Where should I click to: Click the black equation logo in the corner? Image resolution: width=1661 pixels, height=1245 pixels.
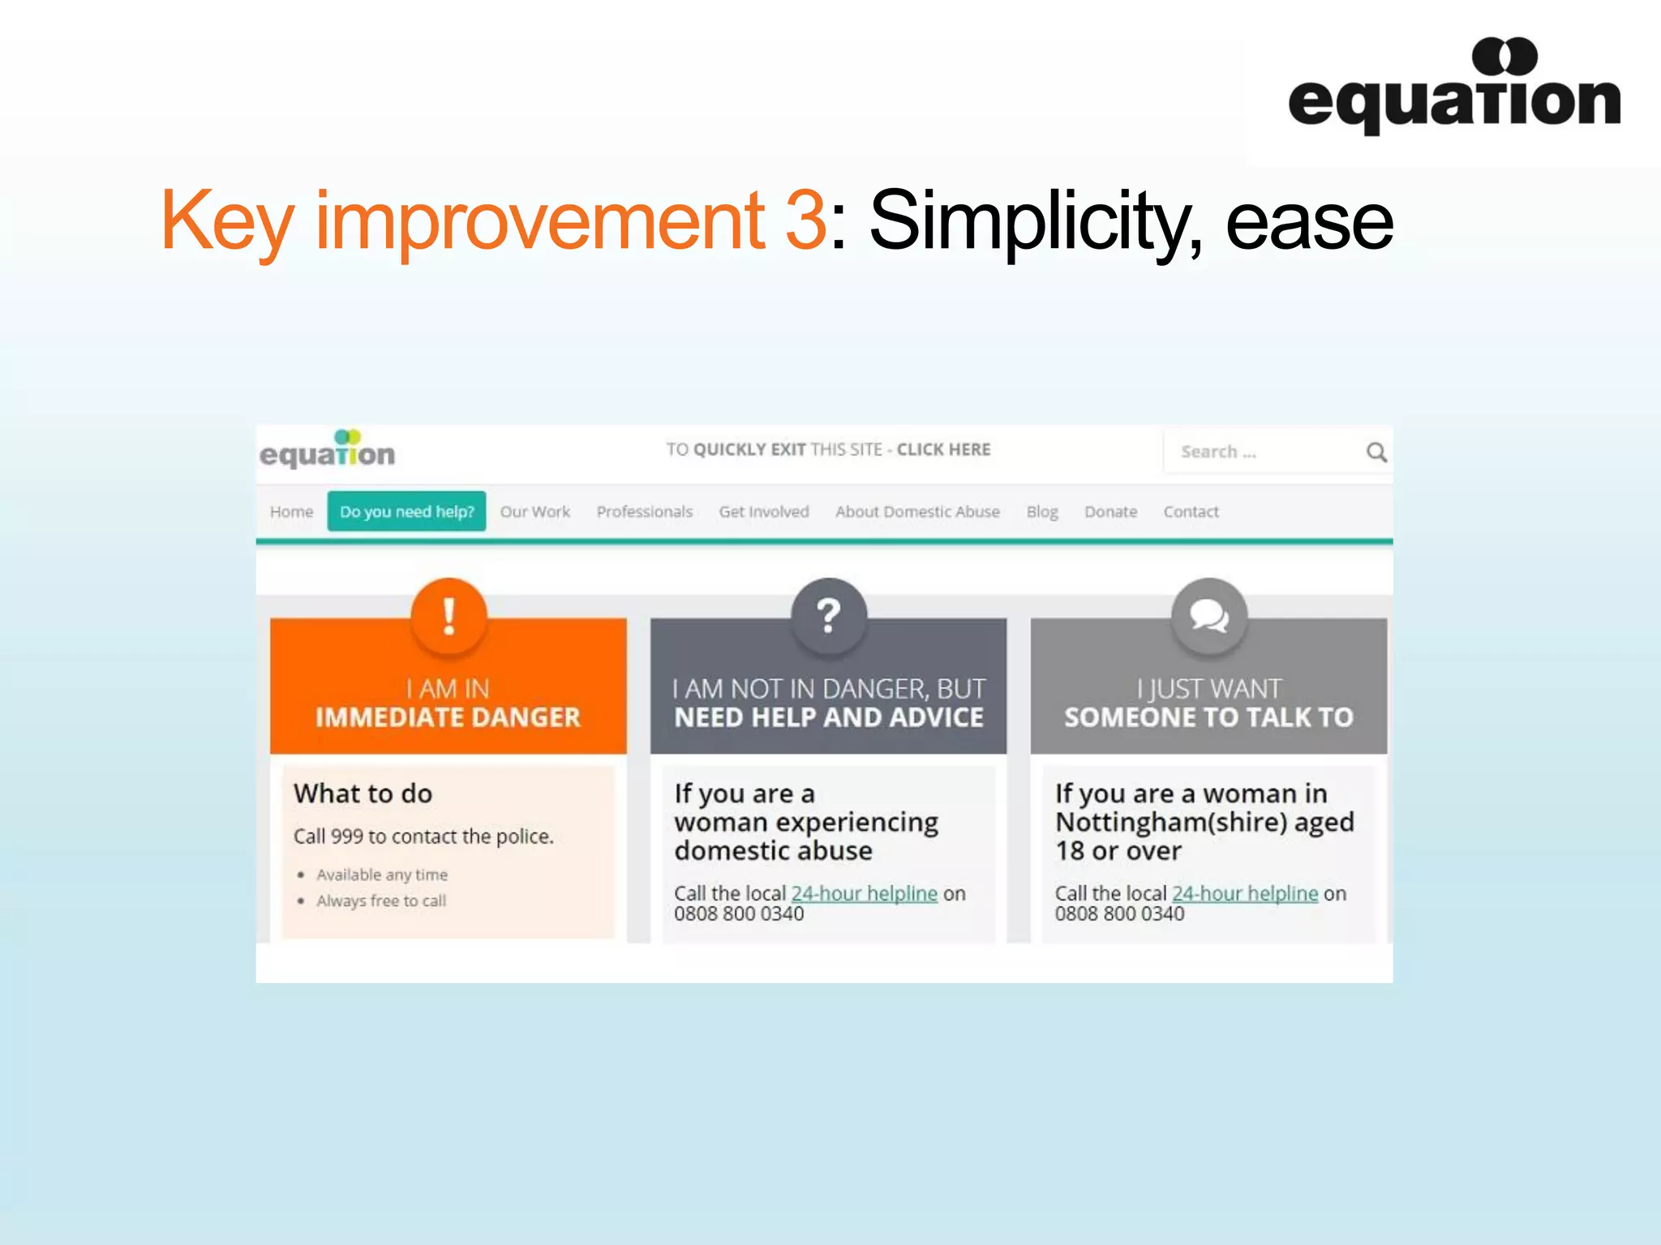click(x=1453, y=88)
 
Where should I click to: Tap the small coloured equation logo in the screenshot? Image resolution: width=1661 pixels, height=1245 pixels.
click(x=328, y=450)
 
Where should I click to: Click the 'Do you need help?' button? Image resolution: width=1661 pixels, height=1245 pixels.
click(x=406, y=511)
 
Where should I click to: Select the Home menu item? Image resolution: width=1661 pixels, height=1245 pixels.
click(x=291, y=511)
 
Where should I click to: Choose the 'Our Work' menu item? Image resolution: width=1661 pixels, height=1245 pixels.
click(x=535, y=511)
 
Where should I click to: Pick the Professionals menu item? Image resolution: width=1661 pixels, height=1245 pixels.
click(x=645, y=511)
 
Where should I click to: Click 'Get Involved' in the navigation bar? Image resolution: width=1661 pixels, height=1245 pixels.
click(x=764, y=511)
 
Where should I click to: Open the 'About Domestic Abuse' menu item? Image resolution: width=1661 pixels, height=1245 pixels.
click(x=917, y=511)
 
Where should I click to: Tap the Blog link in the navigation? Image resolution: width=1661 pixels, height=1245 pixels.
click(x=1042, y=511)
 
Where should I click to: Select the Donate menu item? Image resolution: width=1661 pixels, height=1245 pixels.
click(x=1110, y=511)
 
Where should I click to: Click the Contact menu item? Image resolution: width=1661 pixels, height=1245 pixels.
click(x=1191, y=511)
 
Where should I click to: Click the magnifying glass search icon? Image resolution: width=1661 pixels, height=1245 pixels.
click(x=1376, y=451)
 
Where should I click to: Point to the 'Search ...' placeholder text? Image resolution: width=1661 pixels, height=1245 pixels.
click(x=1218, y=451)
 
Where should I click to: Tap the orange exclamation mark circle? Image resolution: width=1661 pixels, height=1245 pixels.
click(x=449, y=616)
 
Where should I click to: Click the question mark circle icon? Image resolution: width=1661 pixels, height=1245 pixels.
click(x=828, y=616)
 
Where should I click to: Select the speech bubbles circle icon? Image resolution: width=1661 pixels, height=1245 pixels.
click(x=1208, y=616)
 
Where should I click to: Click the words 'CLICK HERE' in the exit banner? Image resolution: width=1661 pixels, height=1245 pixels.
click(x=943, y=449)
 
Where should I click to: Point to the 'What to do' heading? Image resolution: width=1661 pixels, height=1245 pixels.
click(x=363, y=793)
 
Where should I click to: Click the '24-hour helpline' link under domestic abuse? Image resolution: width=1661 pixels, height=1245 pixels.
click(x=864, y=893)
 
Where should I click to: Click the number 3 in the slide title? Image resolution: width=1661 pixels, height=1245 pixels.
click(x=805, y=220)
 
